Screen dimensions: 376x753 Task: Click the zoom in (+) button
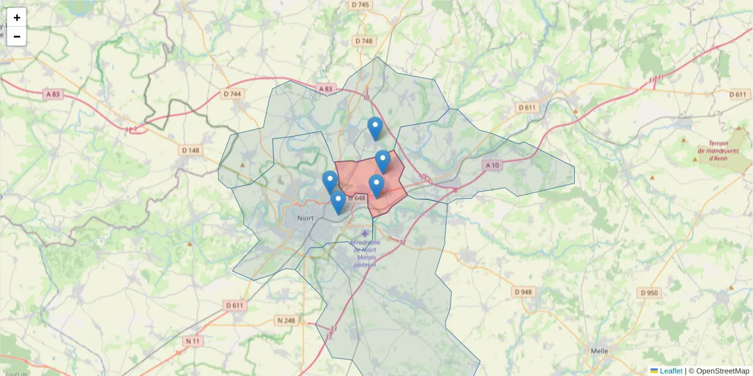coord(17,18)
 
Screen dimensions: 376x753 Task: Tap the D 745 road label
coord(361,4)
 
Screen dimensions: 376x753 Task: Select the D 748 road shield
coord(363,41)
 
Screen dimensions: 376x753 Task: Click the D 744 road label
coord(232,94)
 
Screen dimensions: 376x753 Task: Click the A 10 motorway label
coord(492,165)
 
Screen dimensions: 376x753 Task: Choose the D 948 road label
coord(523,292)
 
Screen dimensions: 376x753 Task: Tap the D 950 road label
coord(649,293)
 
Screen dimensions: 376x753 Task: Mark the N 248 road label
coord(286,321)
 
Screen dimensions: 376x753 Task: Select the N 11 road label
coord(192,342)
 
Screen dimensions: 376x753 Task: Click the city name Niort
coord(307,219)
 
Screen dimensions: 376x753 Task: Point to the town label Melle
coord(600,351)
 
